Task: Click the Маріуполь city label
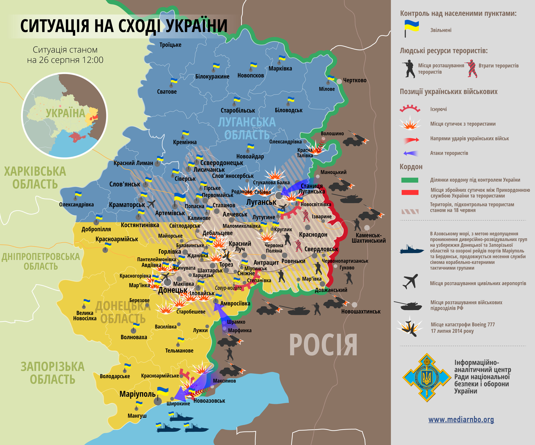tap(137, 394)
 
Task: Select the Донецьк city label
tap(173, 290)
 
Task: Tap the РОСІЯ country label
tap(323, 345)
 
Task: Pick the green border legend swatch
tap(410, 180)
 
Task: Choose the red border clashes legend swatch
tap(410, 192)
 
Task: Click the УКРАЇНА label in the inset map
tap(65, 113)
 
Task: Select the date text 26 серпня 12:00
tap(65, 60)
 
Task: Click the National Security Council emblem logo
tap(426, 377)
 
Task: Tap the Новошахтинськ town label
tap(361, 312)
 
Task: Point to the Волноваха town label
tap(134, 337)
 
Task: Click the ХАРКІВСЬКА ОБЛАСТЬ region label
tap(35, 178)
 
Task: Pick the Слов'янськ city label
tap(125, 184)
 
